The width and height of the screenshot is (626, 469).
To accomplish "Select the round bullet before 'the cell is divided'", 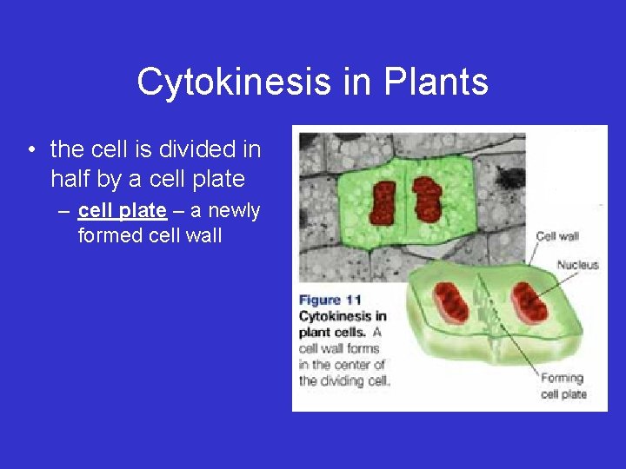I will point(31,151).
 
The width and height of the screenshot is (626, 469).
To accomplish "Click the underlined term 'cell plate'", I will point(122,211).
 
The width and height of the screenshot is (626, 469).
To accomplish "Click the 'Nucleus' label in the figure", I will point(577,265).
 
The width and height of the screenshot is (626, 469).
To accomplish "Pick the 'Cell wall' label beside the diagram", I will point(557,236).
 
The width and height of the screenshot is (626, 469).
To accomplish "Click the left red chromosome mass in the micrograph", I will point(383,201).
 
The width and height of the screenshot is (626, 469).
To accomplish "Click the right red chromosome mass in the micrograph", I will point(427,199).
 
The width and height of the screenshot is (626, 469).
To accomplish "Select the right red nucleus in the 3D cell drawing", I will point(528,302).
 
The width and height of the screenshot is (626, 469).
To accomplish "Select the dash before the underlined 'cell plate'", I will point(66,211).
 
